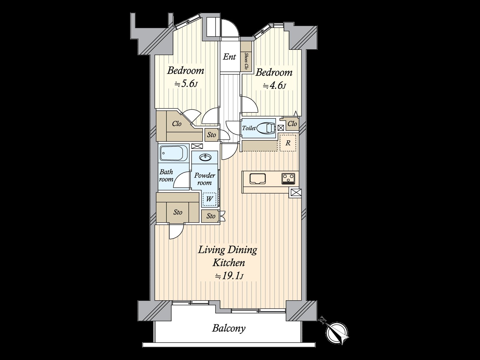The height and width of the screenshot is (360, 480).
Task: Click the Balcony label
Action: click(229, 328)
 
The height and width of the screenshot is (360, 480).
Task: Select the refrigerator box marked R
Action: click(288, 143)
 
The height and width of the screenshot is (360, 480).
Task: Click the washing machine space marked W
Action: click(209, 199)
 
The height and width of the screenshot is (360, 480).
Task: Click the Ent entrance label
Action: click(229, 57)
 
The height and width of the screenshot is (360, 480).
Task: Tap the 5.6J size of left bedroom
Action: click(186, 84)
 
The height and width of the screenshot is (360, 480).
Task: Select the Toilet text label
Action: click(249, 128)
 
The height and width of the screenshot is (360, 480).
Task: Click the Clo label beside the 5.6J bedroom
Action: click(177, 124)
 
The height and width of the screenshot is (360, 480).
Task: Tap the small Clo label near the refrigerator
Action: click(292, 124)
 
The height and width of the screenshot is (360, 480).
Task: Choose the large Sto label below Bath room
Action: click(178, 212)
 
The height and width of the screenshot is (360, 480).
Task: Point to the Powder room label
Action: click(205, 179)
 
